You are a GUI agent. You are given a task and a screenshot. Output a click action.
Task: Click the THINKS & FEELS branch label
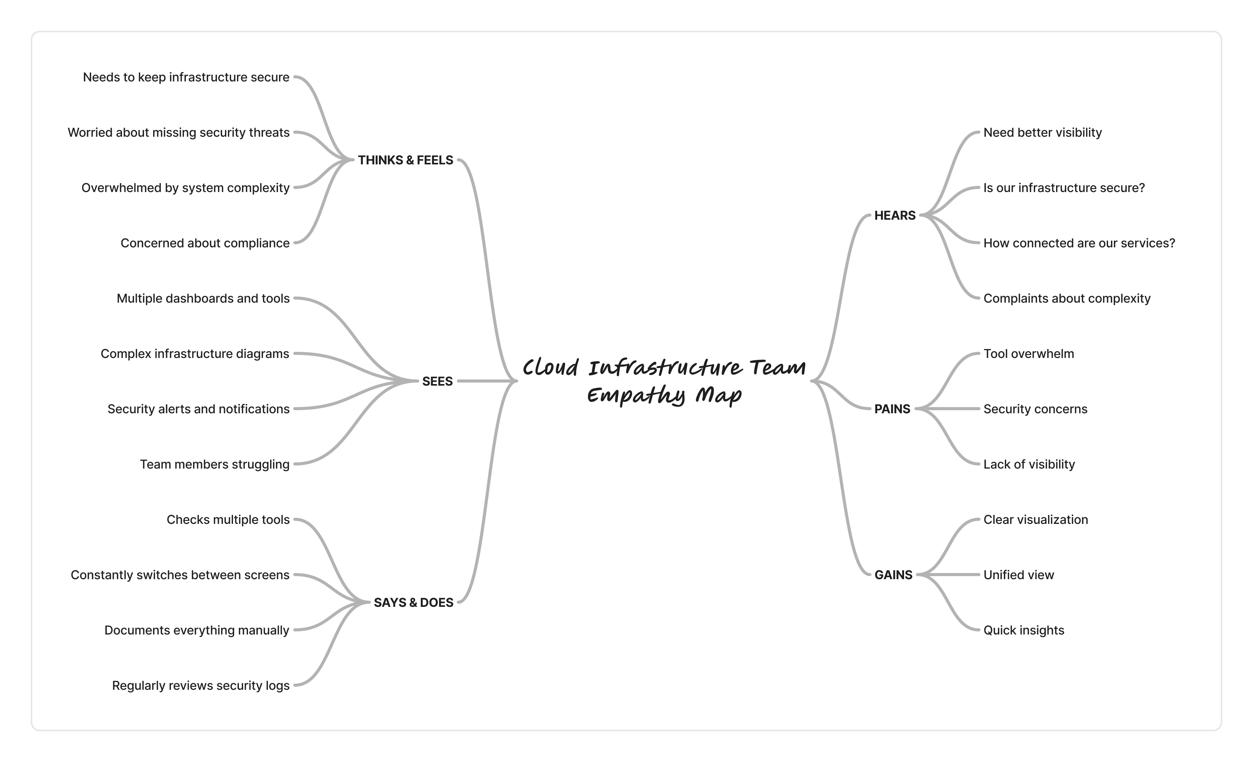(405, 160)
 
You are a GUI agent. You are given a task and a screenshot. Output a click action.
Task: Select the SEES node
(437, 381)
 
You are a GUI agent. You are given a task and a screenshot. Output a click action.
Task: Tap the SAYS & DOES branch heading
(413, 603)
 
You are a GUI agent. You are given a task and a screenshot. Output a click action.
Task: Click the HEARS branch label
(894, 216)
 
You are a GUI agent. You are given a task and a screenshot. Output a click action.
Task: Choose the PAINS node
(892, 409)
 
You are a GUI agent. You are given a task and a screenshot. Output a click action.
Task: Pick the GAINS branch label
(893, 575)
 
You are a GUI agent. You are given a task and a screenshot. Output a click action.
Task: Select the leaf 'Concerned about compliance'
(205, 243)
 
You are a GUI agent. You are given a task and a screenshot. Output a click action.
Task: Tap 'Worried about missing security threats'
(178, 133)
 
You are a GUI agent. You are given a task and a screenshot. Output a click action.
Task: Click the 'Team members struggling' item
(214, 464)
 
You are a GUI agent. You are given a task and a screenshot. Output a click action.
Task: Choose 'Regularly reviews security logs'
(200, 686)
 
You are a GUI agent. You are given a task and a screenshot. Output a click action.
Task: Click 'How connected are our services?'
(1079, 243)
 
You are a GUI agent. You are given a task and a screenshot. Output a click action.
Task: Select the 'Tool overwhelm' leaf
(1028, 354)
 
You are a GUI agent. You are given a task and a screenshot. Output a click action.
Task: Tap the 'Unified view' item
(1018, 575)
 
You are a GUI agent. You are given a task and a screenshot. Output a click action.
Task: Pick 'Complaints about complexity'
(1066, 298)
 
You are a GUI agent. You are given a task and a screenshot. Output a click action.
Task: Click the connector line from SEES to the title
(486, 381)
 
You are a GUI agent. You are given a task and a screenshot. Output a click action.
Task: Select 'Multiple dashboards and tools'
(203, 298)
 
